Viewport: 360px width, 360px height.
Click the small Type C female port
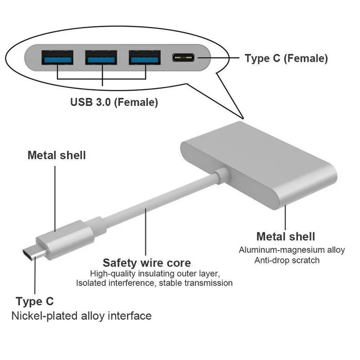coord(184,59)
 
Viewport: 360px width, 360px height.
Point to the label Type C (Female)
coord(286,59)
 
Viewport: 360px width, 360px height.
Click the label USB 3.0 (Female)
coord(114,102)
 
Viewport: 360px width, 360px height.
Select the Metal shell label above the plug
coord(57,155)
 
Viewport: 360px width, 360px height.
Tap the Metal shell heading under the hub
coord(286,236)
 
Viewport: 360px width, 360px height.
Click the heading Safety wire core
coord(147,263)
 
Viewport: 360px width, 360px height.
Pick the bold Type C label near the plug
coord(35,301)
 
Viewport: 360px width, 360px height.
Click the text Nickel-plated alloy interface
coord(82,316)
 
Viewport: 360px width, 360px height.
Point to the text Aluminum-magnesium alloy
coord(292,250)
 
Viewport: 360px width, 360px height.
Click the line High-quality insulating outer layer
coord(155,274)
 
